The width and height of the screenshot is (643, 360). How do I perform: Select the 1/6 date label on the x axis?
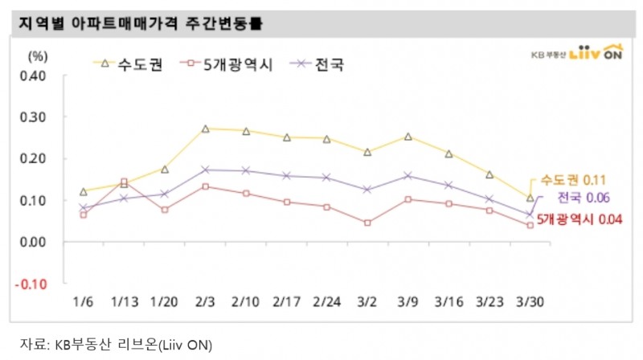click(83, 303)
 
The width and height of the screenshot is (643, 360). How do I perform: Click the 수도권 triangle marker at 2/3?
click(206, 129)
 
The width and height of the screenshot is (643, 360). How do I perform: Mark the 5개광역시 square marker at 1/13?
click(124, 182)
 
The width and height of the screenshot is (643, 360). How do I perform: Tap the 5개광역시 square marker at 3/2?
click(367, 223)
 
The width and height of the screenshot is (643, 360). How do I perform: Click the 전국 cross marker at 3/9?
click(408, 175)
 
